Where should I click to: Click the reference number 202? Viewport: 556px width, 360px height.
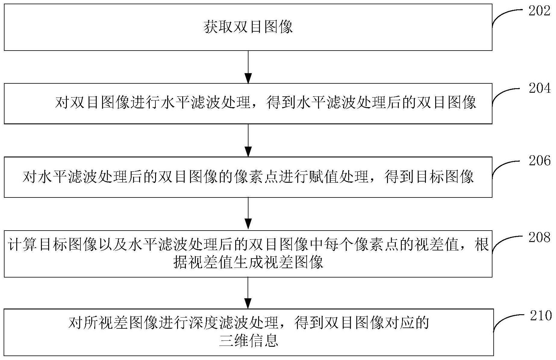[x=539, y=11]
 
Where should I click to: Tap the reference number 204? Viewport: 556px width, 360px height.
[x=539, y=88]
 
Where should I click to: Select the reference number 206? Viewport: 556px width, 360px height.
[x=539, y=161]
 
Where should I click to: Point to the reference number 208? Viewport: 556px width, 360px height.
[x=539, y=237]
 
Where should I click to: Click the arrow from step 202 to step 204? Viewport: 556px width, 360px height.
[x=248, y=67]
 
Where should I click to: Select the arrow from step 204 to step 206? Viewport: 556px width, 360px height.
[x=248, y=140]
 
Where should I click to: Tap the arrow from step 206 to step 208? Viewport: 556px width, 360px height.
[x=248, y=214]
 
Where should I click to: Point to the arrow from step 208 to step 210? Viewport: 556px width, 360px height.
[x=248, y=293]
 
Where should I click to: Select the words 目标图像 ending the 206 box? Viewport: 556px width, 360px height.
[x=445, y=177]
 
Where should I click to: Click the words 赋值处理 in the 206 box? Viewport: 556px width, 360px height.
[x=339, y=177]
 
